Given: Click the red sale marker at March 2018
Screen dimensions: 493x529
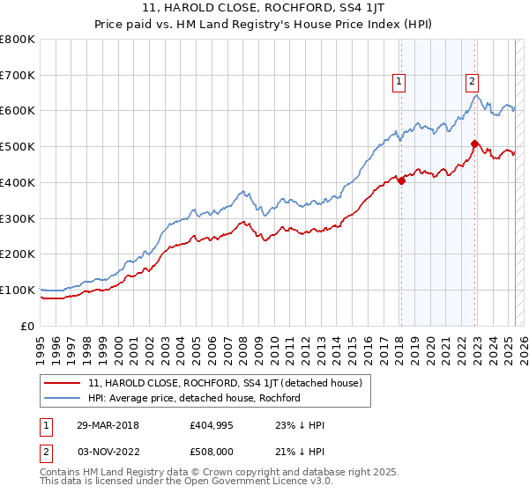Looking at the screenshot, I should pos(401,180).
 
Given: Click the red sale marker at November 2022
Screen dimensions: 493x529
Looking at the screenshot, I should pos(474,143).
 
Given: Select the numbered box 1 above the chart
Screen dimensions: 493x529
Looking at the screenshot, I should pos(399,82).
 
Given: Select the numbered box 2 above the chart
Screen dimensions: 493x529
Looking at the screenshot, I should pos(473,82).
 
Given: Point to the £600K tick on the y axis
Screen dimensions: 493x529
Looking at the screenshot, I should pos(18,111).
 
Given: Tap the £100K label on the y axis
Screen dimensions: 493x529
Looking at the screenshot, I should pos(18,290).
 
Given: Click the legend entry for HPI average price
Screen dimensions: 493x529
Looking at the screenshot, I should pos(194,398).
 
